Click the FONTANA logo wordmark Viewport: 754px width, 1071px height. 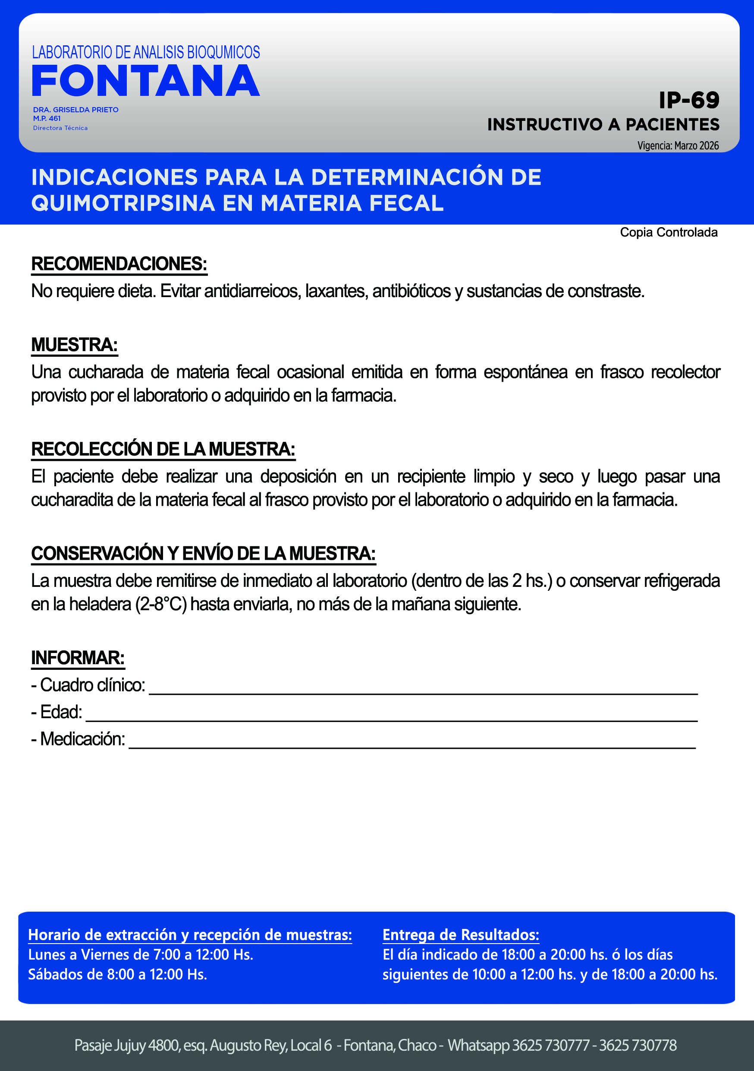[146, 81]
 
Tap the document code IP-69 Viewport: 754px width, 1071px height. [689, 100]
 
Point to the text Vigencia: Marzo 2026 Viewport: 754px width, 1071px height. [678, 146]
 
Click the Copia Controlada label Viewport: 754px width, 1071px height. [668, 232]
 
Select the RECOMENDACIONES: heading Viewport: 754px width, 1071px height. [119, 264]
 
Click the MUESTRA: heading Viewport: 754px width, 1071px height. [74, 345]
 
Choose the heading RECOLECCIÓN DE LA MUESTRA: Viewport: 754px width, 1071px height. [163, 449]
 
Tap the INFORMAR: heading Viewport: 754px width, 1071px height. [78, 658]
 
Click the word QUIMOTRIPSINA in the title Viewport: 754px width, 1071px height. [123, 203]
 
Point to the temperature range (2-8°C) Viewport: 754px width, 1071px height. [161, 605]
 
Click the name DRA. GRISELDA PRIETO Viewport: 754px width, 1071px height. [75, 110]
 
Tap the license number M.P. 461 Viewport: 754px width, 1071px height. [47, 118]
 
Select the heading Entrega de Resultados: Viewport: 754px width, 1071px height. [460, 935]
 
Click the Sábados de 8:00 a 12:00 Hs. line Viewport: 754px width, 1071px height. [117, 974]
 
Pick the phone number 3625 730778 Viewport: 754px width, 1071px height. [638, 1046]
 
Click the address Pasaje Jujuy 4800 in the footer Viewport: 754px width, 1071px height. [127, 1046]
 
